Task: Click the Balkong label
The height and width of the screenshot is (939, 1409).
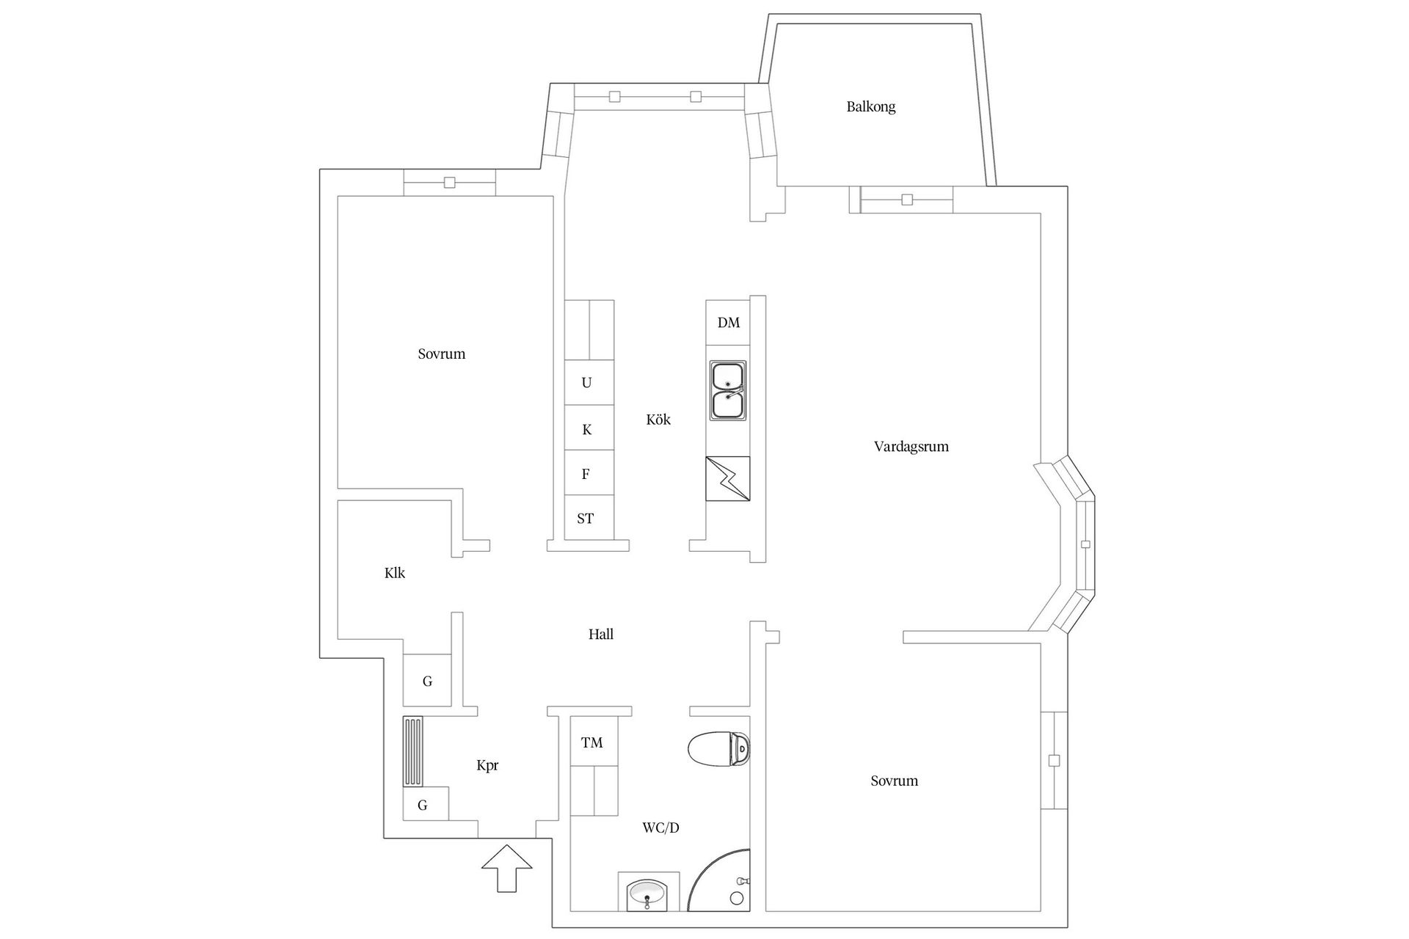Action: point(870,106)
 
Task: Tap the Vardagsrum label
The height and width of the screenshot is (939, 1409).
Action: point(911,446)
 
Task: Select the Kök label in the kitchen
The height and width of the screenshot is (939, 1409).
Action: point(658,420)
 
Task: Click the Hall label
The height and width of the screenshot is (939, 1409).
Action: point(600,635)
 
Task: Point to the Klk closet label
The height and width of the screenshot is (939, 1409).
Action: point(395,573)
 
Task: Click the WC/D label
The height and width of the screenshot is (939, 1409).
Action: point(660,828)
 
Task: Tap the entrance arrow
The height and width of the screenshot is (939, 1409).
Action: point(506,869)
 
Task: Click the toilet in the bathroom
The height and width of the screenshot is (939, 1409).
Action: point(719,749)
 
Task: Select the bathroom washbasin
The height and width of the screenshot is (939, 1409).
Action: point(648,894)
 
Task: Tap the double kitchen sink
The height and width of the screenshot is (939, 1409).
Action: point(728,390)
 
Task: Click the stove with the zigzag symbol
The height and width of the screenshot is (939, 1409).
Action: point(728,478)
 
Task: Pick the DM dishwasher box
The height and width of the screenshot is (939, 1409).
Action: point(728,323)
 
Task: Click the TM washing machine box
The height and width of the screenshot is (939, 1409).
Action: point(593,742)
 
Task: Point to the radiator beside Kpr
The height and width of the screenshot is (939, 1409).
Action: point(413,751)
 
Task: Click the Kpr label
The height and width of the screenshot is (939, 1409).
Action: point(487,766)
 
